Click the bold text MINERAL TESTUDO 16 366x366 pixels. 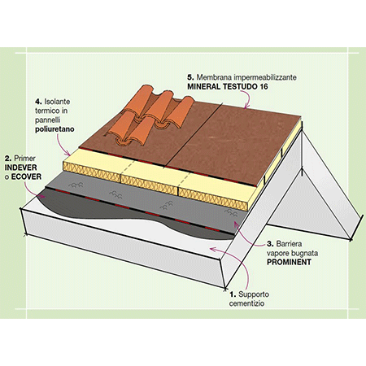coord(228,87)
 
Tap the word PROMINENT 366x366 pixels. coord(289,262)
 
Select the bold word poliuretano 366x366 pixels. coord(54,129)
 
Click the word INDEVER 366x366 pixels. coord(20,168)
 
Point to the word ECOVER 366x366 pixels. coord(26,176)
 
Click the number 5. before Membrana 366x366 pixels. coord(190,77)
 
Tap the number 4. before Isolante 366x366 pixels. coord(38,102)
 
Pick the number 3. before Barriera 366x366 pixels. coord(270,244)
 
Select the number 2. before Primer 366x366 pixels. coord(8,158)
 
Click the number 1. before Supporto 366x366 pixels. coord(233,294)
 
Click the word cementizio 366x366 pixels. coord(246,303)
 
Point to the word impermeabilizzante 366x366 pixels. coord(261,77)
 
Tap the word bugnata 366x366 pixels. coord(304,254)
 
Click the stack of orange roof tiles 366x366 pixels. coord(150,115)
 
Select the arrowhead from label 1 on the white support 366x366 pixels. coord(213,249)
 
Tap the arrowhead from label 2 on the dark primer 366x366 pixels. coord(42,197)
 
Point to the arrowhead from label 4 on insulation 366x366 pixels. coord(68,154)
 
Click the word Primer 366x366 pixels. coord(24,158)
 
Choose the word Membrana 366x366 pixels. coord(210,77)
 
